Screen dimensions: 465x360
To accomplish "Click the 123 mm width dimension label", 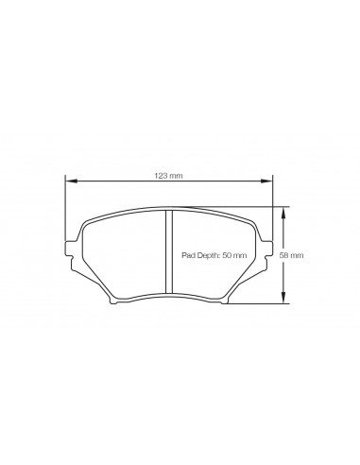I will point(169,176).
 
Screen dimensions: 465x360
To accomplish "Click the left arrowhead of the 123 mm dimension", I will point(68,182).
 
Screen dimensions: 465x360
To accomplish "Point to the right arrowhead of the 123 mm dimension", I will point(269,182).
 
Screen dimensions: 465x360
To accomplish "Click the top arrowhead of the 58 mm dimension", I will point(285,210).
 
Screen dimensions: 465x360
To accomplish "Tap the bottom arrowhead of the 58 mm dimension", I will point(285,301).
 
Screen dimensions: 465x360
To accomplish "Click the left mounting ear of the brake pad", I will point(67,250).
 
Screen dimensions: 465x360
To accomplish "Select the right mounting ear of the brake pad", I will point(270,250).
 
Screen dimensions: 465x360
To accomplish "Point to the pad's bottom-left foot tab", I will point(115,301).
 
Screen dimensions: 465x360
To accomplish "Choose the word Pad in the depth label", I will point(188,256).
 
